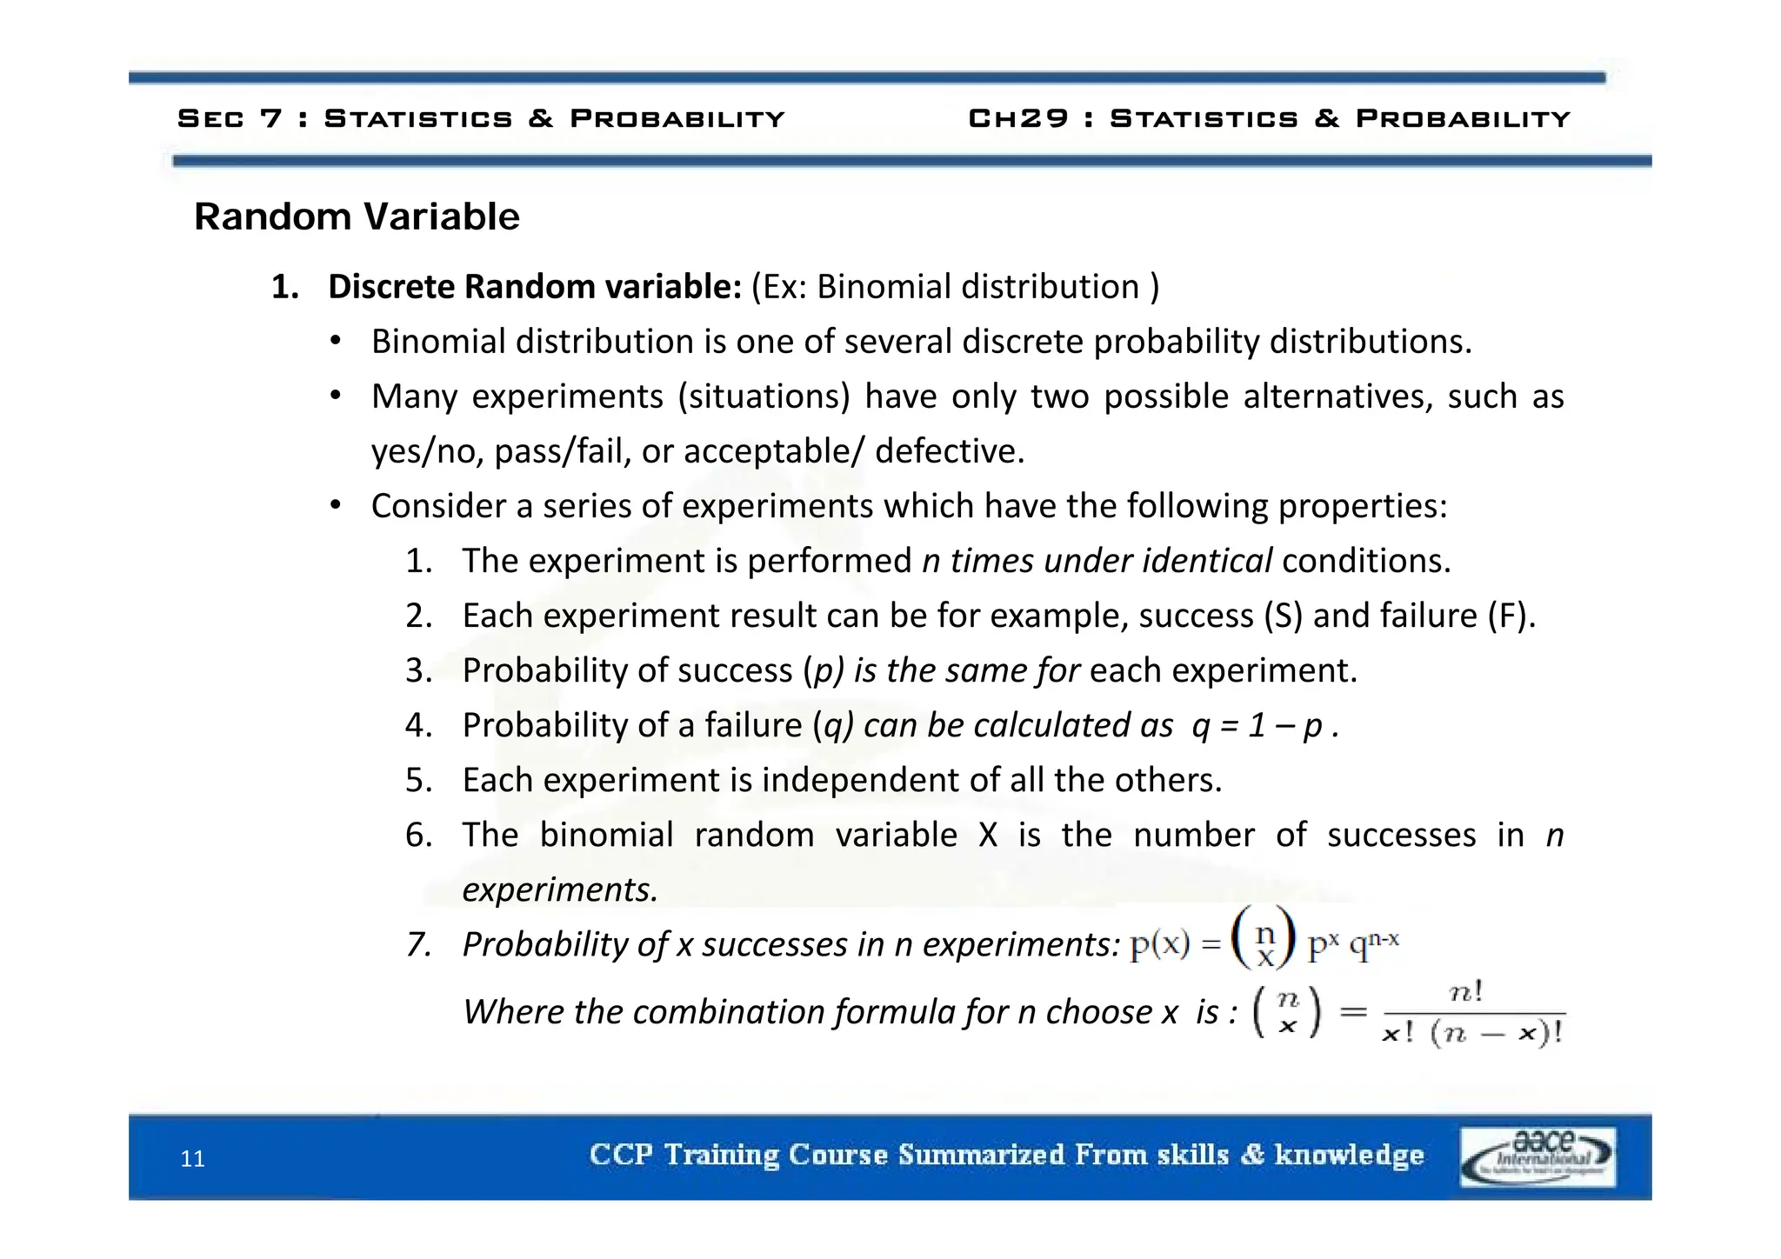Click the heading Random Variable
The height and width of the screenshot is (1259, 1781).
(357, 216)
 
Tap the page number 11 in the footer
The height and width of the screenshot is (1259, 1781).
(192, 1159)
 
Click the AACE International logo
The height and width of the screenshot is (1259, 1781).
(1538, 1157)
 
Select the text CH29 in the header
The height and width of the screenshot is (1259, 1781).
(1017, 118)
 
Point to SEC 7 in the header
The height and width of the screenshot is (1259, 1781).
(230, 118)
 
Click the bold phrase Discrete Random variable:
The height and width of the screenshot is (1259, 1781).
(534, 287)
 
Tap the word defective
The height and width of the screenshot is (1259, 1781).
(950, 451)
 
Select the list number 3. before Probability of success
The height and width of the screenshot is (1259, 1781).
(419, 670)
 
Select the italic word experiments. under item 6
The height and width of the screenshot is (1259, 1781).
(560, 889)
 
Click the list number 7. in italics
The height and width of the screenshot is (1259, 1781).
(419, 944)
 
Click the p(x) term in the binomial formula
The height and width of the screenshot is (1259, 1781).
(1159, 944)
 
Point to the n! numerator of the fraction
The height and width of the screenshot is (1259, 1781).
(1466, 992)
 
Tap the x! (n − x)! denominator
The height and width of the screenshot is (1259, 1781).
(1472, 1033)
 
